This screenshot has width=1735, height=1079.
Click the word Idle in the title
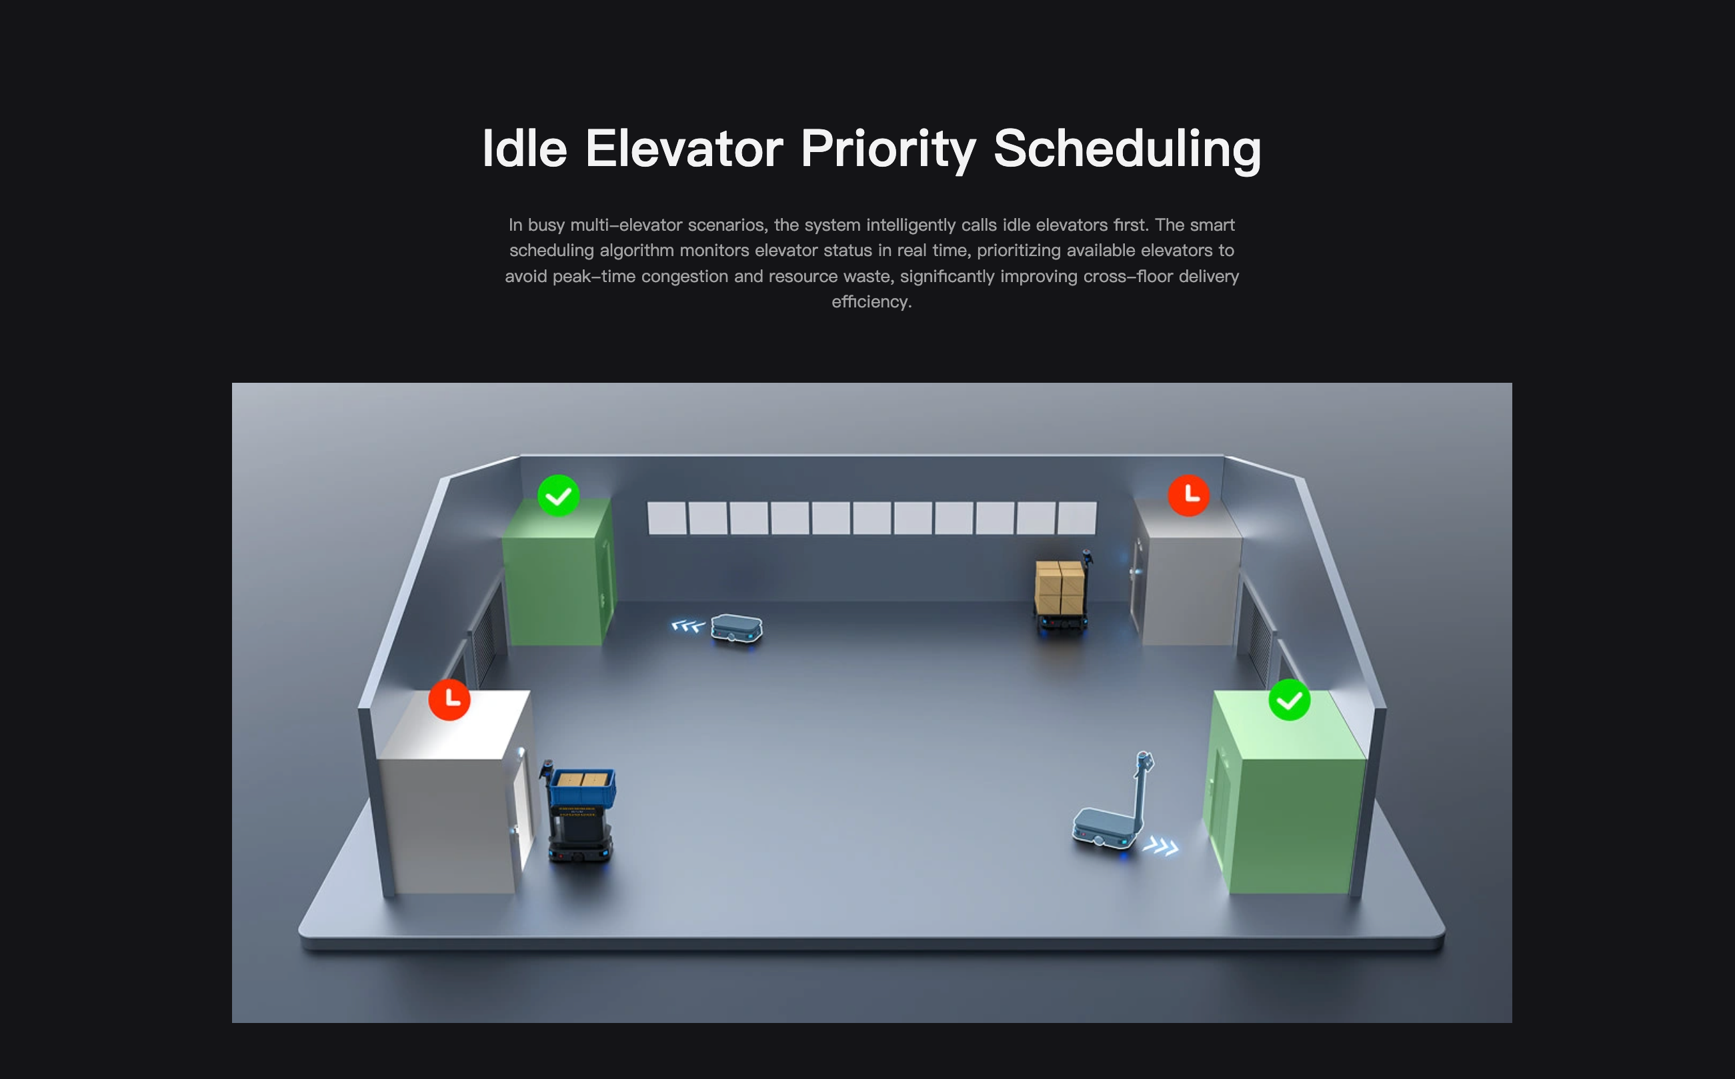click(x=525, y=149)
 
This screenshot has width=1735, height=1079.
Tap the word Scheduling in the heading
click(x=1127, y=150)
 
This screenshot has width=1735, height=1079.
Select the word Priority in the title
click(x=888, y=150)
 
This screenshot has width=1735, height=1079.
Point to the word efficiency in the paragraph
click(x=870, y=302)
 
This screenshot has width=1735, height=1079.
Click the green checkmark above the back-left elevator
click(x=559, y=495)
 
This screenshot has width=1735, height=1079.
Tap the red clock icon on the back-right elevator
click(x=1188, y=495)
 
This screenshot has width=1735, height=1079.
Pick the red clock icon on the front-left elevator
click(x=449, y=700)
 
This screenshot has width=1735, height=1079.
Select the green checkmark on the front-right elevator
click(x=1289, y=700)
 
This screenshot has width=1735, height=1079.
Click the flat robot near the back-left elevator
click(x=737, y=629)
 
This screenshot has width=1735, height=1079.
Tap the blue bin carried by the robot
click(x=582, y=787)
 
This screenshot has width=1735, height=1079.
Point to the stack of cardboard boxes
click(x=1060, y=587)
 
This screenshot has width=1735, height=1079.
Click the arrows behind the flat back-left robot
click(x=687, y=626)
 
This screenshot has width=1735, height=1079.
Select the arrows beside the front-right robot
click(x=1161, y=846)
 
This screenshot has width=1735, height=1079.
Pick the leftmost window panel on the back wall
click(x=666, y=518)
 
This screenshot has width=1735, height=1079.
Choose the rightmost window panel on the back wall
click(x=1076, y=518)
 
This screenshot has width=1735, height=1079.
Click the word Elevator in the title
click(x=684, y=149)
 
